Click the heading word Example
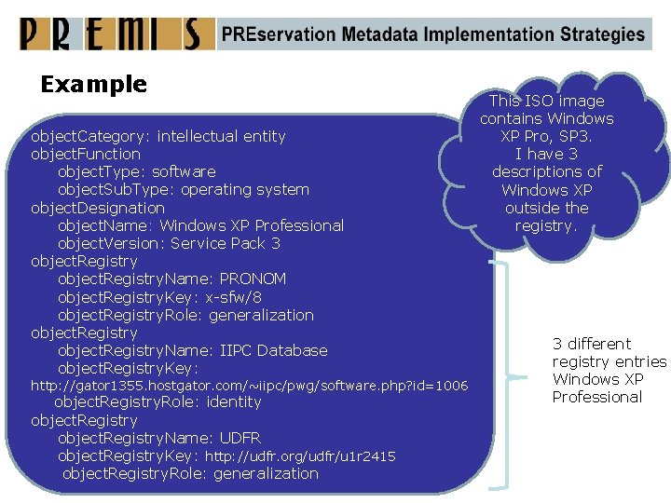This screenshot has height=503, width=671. click(x=94, y=85)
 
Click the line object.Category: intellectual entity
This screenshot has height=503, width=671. click(x=157, y=137)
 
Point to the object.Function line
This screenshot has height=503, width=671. click(x=86, y=155)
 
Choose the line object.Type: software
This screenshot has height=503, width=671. click(x=136, y=172)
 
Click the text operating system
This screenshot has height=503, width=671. click(x=245, y=190)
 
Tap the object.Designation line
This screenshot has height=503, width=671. click(x=98, y=208)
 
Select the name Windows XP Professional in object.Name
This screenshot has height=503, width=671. click(x=252, y=225)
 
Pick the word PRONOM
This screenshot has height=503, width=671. click(x=253, y=279)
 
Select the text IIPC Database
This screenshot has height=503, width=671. click(x=273, y=351)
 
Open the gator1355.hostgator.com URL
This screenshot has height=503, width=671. click(x=249, y=386)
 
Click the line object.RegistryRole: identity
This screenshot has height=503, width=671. click(x=157, y=402)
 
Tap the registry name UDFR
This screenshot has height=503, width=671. click(x=240, y=438)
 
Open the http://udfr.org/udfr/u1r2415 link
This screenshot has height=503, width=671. click(x=300, y=456)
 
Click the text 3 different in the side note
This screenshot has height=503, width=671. click(x=592, y=344)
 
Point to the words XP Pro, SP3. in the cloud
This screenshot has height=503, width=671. click(x=547, y=136)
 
